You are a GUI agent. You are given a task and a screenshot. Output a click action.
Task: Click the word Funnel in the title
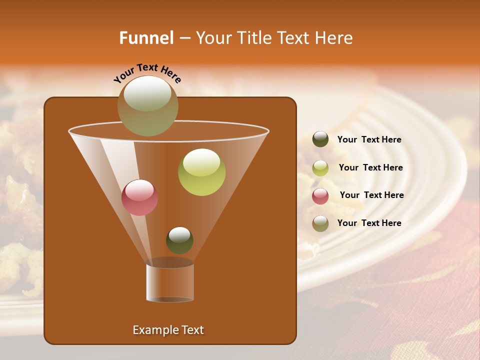coord(146,38)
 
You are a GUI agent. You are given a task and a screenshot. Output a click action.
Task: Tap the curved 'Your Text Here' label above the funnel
coord(147,73)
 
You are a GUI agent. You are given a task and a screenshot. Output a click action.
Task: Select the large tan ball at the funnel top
coord(147,106)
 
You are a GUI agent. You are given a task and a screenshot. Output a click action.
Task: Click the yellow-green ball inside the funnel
coord(201,172)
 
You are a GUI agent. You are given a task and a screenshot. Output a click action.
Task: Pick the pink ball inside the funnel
coord(139,197)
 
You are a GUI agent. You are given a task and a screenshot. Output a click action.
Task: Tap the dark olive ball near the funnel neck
coord(179,240)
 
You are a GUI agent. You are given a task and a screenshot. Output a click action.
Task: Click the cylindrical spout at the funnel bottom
coord(170,282)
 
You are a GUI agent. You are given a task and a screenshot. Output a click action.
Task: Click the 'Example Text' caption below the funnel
coord(168,330)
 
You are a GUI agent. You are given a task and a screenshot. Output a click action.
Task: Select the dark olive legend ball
coord(320,139)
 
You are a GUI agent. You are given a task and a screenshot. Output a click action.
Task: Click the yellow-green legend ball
coord(320,168)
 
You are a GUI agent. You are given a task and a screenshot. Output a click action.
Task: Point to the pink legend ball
coord(320,196)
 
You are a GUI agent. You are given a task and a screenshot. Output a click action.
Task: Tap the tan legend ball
coord(320,223)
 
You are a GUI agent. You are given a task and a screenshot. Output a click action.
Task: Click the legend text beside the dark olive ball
coord(369,140)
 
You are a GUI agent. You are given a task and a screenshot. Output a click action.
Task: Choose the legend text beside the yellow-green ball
coord(370,168)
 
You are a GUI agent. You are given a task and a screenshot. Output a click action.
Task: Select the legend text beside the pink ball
coord(371,195)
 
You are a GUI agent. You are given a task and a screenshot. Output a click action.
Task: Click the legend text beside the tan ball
coord(369,223)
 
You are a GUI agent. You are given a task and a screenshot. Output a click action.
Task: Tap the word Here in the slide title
coord(333,38)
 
